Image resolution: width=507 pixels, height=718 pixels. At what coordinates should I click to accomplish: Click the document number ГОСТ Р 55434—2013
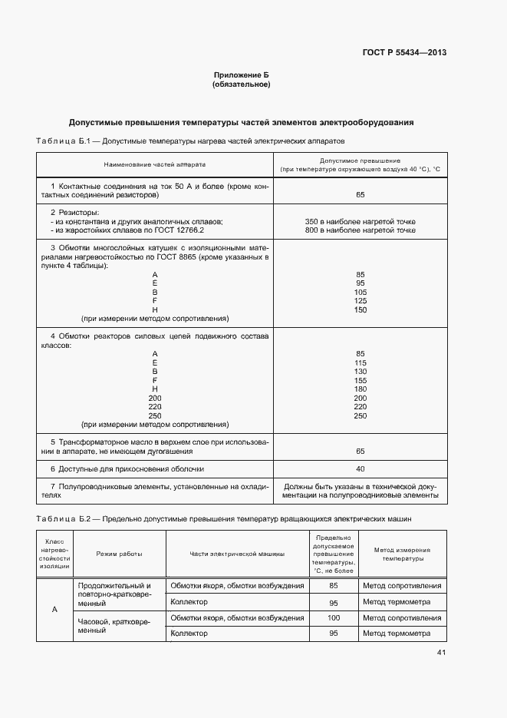tap(404, 53)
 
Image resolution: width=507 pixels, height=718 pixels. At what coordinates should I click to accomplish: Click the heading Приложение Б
tap(241, 75)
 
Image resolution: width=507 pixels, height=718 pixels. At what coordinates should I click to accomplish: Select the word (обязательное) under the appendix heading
tap(241, 84)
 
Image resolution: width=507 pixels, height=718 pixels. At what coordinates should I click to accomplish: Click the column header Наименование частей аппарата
tap(155, 164)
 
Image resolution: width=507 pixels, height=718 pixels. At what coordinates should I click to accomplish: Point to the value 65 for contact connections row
tap(360, 195)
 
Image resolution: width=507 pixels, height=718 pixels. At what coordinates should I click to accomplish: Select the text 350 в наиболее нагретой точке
tap(360, 221)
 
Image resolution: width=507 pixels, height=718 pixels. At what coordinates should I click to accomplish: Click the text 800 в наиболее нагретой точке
tap(360, 230)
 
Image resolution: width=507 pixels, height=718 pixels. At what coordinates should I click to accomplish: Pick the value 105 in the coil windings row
tap(360, 293)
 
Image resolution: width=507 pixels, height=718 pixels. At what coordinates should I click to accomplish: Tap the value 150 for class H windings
tap(360, 309)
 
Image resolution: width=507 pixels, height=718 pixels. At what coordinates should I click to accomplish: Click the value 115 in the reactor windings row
tap(360, 363)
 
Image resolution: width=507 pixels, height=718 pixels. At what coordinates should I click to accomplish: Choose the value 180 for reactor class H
tap(360, 389)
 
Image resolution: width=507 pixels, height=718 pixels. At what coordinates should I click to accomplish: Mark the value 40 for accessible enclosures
tap(360, 468)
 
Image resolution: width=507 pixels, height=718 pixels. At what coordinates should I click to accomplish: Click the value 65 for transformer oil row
tap(360, 451)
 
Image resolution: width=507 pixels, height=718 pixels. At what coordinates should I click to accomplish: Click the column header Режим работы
tap(119, 554)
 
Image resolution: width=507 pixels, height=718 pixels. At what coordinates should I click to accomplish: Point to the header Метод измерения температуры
tap(401, 554)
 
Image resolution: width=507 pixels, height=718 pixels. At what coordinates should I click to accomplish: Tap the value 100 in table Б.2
tap(334, 617)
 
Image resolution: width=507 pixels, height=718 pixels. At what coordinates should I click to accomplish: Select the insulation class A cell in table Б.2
tap(54, 609)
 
